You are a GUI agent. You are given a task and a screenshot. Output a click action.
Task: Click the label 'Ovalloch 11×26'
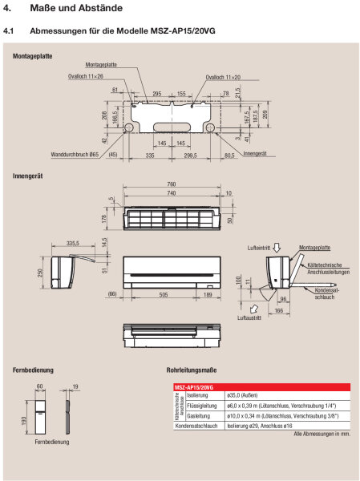coord(85,78)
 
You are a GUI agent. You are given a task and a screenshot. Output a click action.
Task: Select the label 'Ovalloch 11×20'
coord(223,78)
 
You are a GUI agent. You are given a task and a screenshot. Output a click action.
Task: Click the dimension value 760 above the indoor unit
coord(171,184)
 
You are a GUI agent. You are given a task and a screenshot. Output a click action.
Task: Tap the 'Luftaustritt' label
coord(249,317)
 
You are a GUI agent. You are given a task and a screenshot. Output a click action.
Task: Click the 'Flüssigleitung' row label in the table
coord(199,406)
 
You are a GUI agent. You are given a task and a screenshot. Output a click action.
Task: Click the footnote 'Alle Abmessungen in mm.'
coord(322,434)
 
